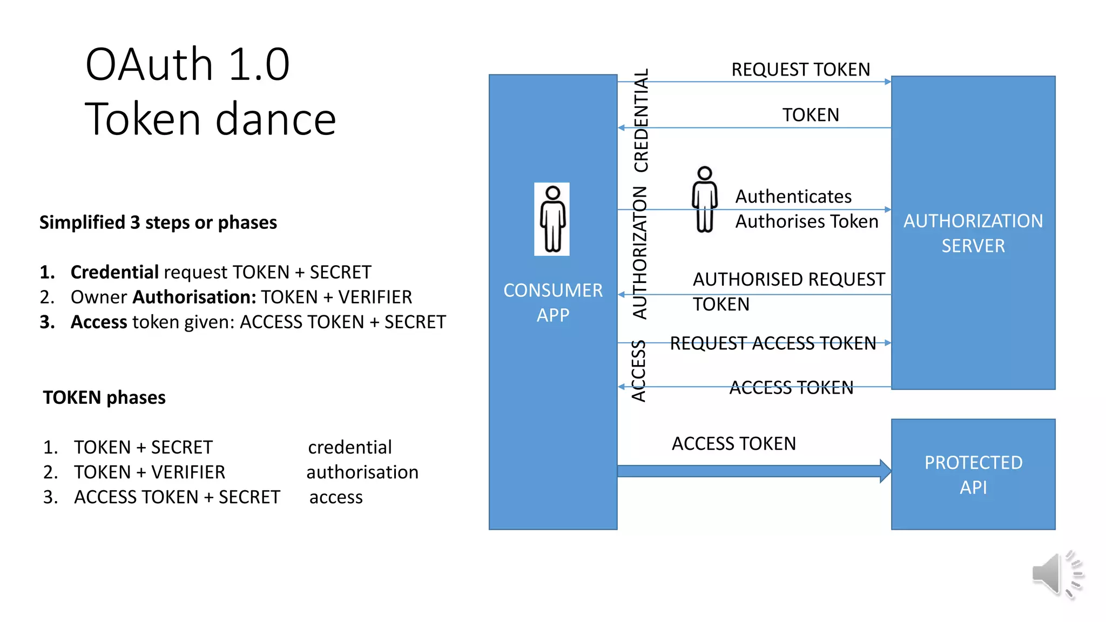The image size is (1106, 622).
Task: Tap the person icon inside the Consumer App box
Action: click(552, 219)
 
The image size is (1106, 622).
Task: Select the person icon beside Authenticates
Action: click(704, 200)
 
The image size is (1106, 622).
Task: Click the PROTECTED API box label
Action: click(973, 475)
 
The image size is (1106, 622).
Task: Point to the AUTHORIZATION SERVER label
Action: click(973, 233)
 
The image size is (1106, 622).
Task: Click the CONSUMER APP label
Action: click(553, 302)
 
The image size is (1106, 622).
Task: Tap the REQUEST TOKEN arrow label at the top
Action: click(800, 70)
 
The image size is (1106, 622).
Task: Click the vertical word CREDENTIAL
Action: click(640, 120)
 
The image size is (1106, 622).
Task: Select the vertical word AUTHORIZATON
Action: click(640, 253)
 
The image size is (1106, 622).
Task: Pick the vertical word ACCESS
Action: click(639, 370)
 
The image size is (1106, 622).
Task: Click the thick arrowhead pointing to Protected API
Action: click(885, 471)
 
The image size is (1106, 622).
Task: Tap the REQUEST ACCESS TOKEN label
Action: click(773, 343)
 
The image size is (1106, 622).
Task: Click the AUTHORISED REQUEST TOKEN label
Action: click(788, 292)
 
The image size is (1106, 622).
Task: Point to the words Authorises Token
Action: click(807, 221)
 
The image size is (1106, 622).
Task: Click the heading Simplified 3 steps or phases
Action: click(158, 222)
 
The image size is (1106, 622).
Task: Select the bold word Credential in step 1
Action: click(114, 272)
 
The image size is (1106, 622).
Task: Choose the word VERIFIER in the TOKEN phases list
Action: click(188, 472)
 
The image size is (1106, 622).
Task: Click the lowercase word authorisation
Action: click(362, 472)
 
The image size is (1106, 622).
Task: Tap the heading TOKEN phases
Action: click(104, 397)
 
